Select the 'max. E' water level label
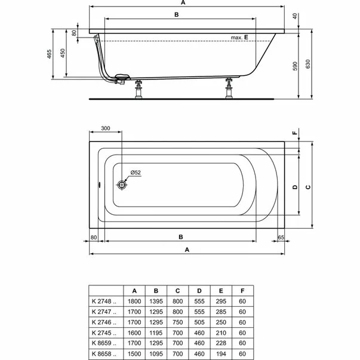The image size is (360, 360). tap(239, 38)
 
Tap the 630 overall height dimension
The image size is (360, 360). tap(307, 64)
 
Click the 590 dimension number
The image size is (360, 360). tap(295, 64)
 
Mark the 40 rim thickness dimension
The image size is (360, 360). tap(295, 16)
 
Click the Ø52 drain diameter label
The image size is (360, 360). tap(135, 173)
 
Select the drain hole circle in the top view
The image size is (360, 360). tap(122, 184)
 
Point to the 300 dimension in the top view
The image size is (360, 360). tap(105, 128)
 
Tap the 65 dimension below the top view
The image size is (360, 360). tap(281, 237)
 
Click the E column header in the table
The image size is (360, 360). tap(220, 291)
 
